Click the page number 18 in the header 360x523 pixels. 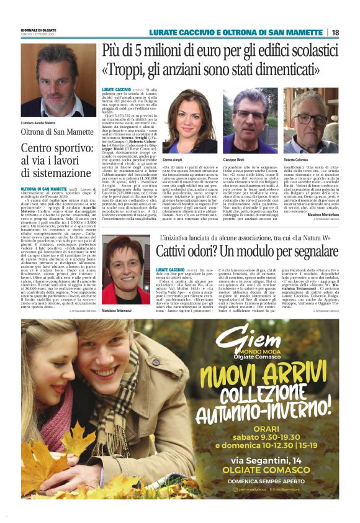pyautogui.click(x=335, y=32)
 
